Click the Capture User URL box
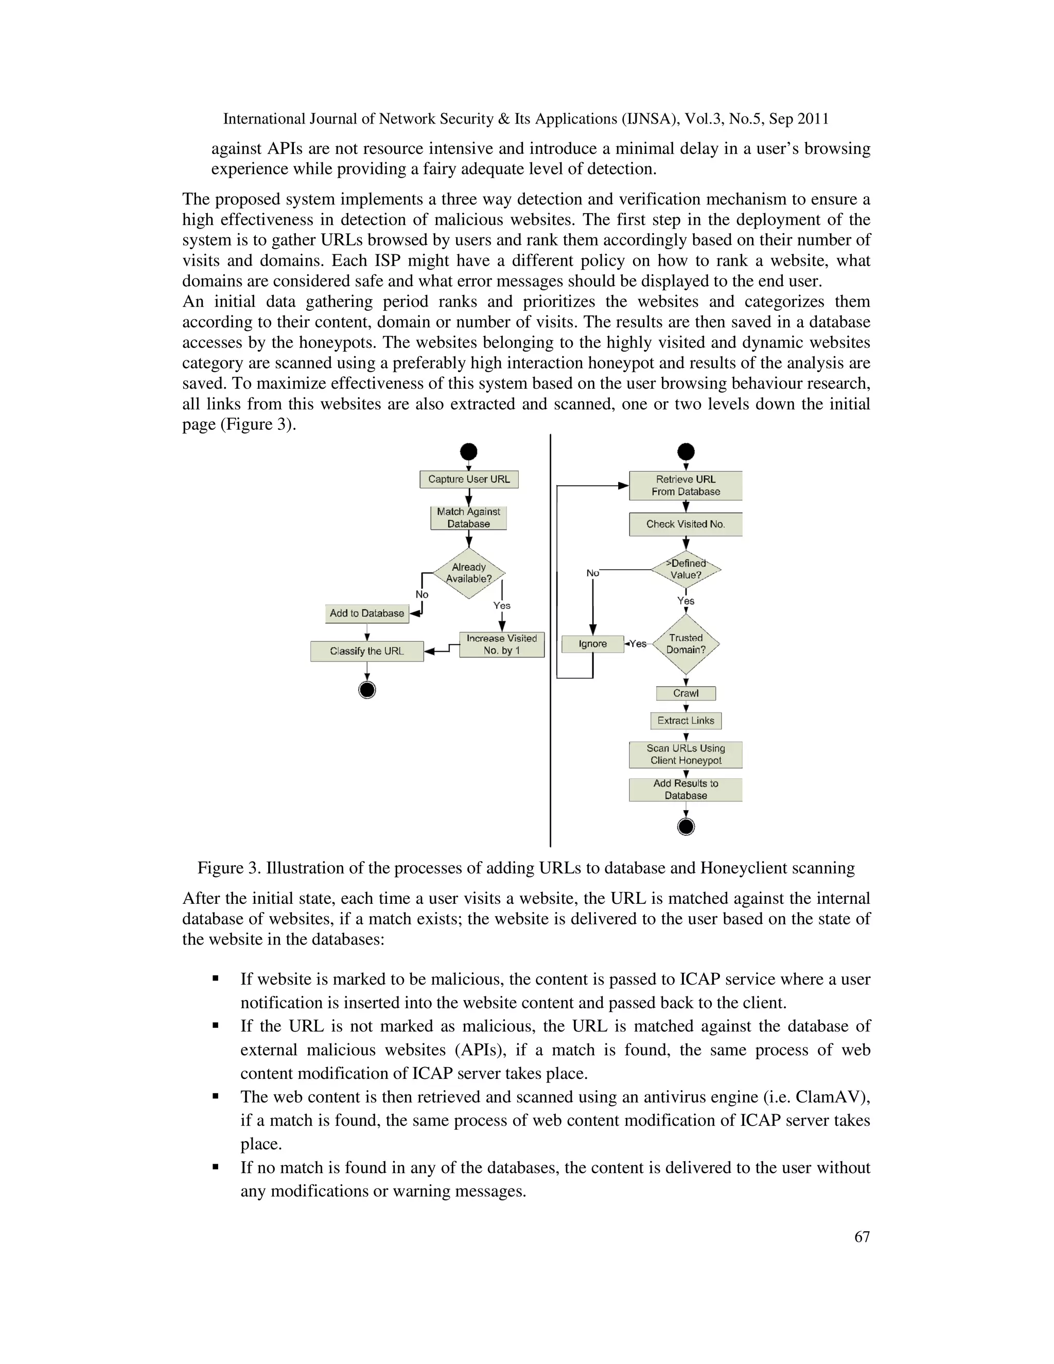(x=468, y=479)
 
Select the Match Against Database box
(x=468, y=518)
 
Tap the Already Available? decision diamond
(x=468, y=573)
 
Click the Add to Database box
(x=366, y=614)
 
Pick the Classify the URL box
(x=366, y=651)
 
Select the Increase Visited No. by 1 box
(x=501, y=644)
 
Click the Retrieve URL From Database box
(x=686, y=485)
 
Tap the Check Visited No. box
(x=686, y=524)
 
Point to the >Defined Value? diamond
(x=686, y=569)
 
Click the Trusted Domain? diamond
(x=686, y=644)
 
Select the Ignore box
(x=592, y=644)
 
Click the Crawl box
(x=686, y=693)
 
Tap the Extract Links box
(x=686, y=721)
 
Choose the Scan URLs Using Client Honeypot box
(x=686, y=755)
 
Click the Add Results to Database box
(x=686, y=790)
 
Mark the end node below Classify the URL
(x=367, y=690)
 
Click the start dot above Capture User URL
(x=468, y=451)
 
